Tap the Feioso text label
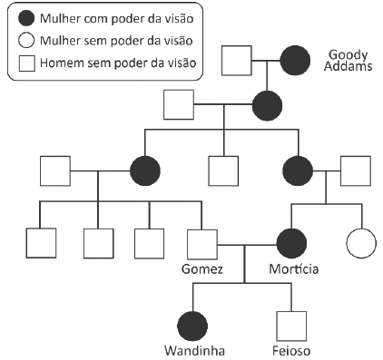coord(292,350)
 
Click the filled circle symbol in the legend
coord(27,17)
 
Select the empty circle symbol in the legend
coord(27,40)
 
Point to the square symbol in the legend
coord(27,63)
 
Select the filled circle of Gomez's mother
coord(145,170)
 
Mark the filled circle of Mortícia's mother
coord(298,170)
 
